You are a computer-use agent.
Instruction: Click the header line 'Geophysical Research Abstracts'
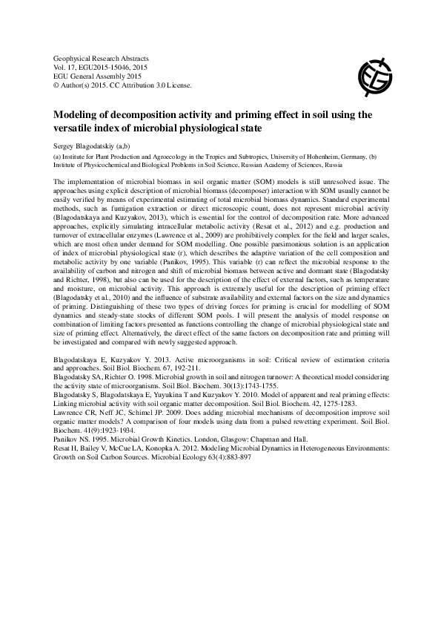[102, 58]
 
